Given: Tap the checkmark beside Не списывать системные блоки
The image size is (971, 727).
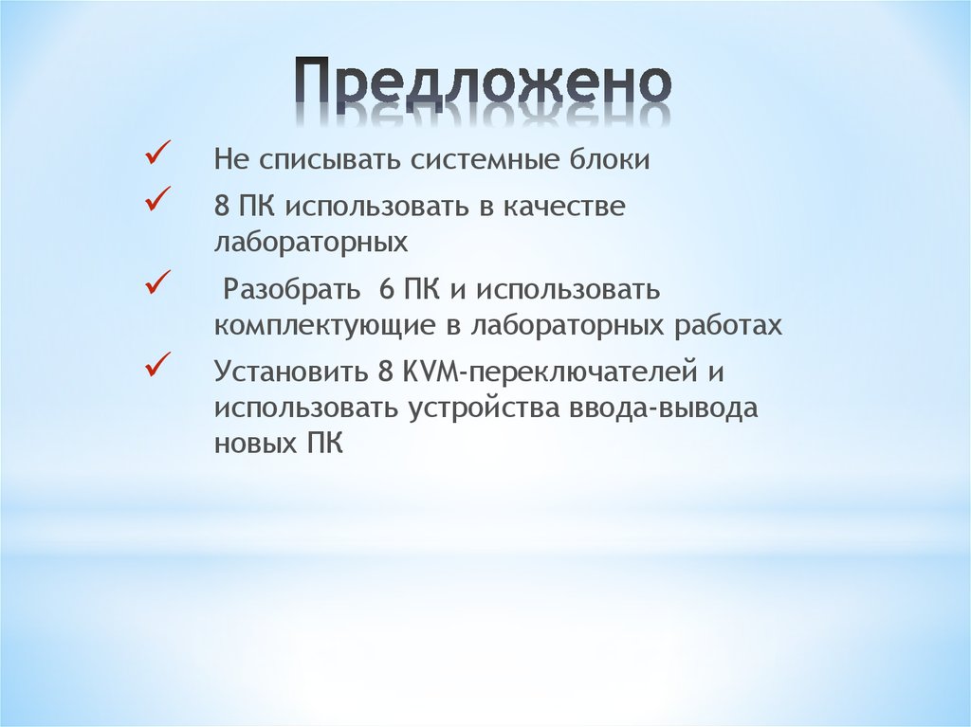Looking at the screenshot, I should click(156, 153).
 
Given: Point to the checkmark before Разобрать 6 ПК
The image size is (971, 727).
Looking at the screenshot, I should click(156, 282).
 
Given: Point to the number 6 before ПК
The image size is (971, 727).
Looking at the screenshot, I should click(385, 288).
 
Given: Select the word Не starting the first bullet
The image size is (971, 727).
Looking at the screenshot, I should click(229, 159).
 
